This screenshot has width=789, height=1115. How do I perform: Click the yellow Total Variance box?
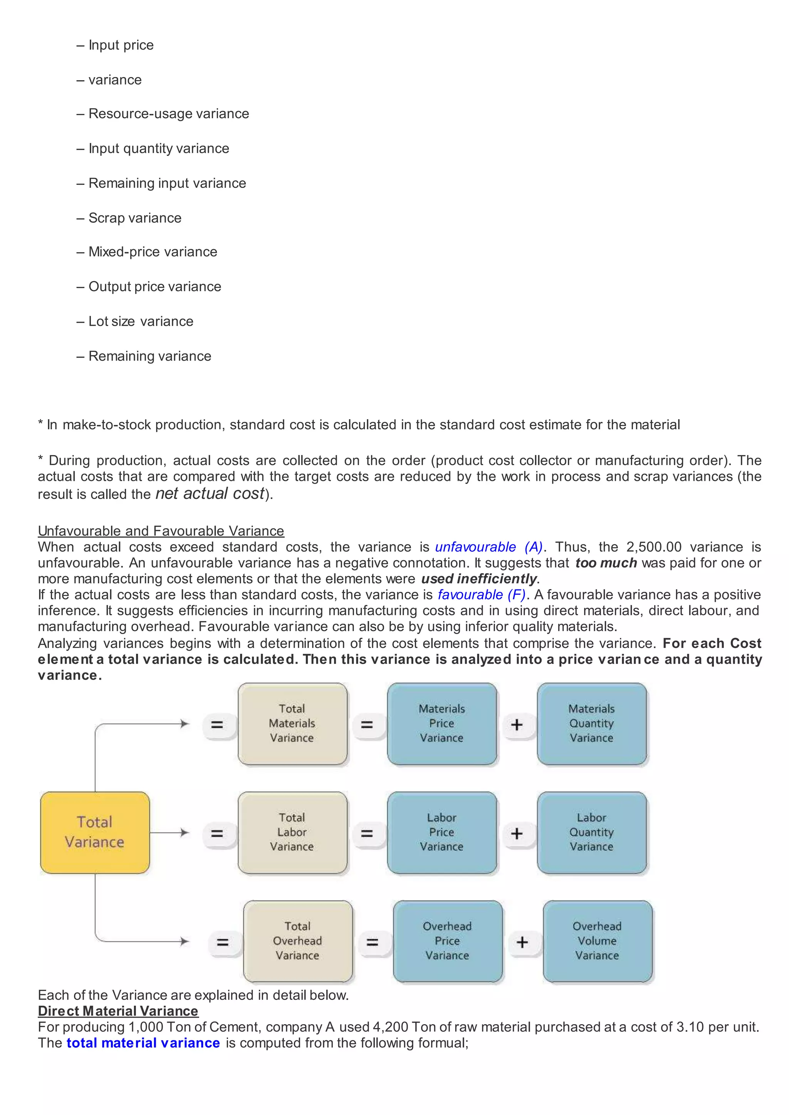tap(95, 832)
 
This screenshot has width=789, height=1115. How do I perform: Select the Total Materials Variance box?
tap(292, 723)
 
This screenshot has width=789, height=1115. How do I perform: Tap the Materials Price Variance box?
tap(442, 723)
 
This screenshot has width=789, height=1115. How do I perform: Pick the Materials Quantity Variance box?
tap(591, 723)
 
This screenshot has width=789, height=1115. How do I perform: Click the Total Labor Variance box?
tap(292, 832)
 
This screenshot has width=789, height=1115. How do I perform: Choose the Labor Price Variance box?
tap(442, 832)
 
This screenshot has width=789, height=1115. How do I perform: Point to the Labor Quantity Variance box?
tap(591, 832)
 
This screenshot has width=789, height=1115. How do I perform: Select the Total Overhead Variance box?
tap(298, 941)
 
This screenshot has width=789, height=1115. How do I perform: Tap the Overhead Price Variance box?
tap(447, 941)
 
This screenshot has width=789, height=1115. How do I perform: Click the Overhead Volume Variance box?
tap(597, 941)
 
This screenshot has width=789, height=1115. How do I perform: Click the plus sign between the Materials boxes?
tap(517, 725)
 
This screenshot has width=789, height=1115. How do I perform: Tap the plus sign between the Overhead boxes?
tap(522, 942)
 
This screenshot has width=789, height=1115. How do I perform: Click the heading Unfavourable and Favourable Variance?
tap(161, 531)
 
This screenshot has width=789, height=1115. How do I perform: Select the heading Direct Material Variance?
tap(118, 1011)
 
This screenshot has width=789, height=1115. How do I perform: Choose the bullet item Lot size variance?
tap(141, 321)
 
